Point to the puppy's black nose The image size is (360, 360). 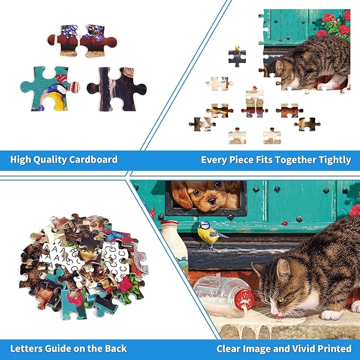click(x=212, y=201)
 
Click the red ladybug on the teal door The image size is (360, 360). click(x=285, y=223)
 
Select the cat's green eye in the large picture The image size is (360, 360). click(x=282, y=300)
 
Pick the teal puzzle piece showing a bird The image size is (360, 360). click(x=49, y=89)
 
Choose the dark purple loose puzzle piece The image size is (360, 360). click(x=117, y=89)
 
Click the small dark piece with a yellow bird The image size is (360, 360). click(x=237, y=57)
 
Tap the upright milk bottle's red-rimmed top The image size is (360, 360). click(x=169, y=223)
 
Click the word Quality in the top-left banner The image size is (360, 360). click(x=50, y=160)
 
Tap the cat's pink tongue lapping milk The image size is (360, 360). click(x=278, y=318)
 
